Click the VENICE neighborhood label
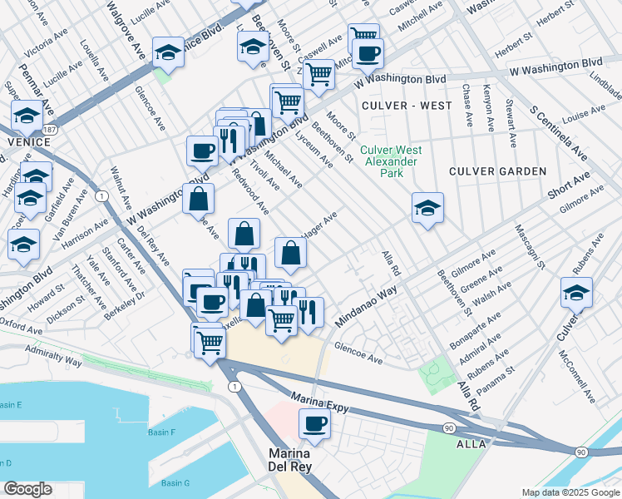(22, 143)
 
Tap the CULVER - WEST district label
(407, 106)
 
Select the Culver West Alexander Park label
(391, 161)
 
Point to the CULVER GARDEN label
(497, 171)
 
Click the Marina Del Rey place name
(289, 461)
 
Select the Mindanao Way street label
(366, 307)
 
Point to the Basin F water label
(161, 432)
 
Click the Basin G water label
(175, 483)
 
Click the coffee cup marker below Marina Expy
(314, 424)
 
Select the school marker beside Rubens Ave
(576, 293)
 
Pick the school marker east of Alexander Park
(427, 208)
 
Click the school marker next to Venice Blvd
(168, 52)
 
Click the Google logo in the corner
(27, 489)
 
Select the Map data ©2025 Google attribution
(570, 492)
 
